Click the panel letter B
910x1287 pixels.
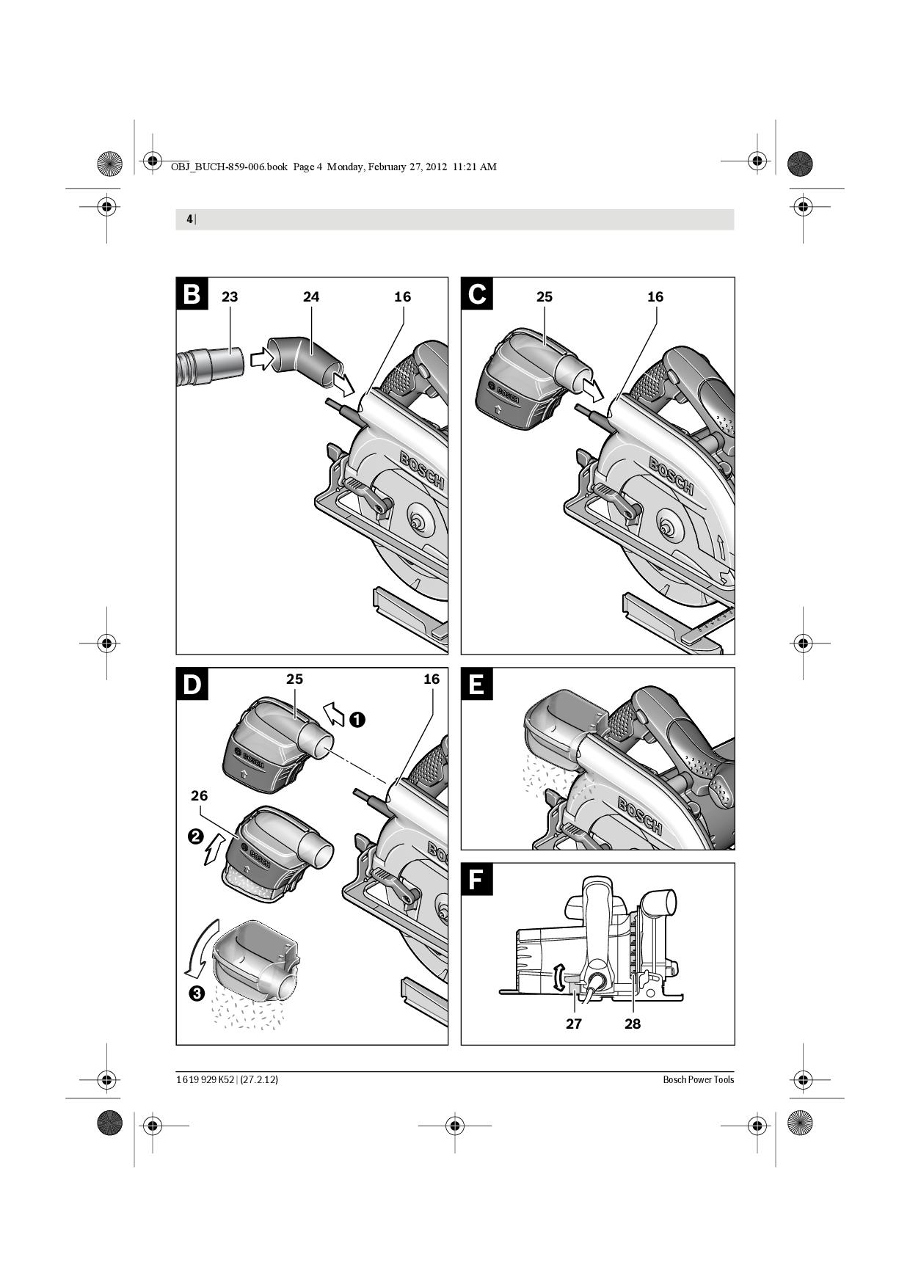(x=192, y=294)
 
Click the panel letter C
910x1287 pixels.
(x=476, y=294)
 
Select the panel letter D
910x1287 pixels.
(x=192, y=684)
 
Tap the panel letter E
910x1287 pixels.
(x=476, y=684)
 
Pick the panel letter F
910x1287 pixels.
(x=476, y=879)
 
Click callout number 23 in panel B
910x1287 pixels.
(x=230, y=296)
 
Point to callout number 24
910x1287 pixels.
(x=311, y=296)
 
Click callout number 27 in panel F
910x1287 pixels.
(x=574, y=1024)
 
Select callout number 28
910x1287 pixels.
(x=633, y=1024)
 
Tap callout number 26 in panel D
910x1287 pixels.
(x=199, y=795)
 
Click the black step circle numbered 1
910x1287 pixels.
(x=357, y=720)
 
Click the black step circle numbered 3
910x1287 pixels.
(x=196, y=993)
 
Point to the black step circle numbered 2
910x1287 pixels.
(x=196, y=836)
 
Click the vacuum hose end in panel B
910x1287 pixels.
(x=211, y=365)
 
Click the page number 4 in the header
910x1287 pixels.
(x=189, y=219)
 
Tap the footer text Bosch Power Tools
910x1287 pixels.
(x=699, y=1079)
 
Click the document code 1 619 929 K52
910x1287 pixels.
(x=205, y=1079)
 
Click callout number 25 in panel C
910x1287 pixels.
(x=545, y=296)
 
